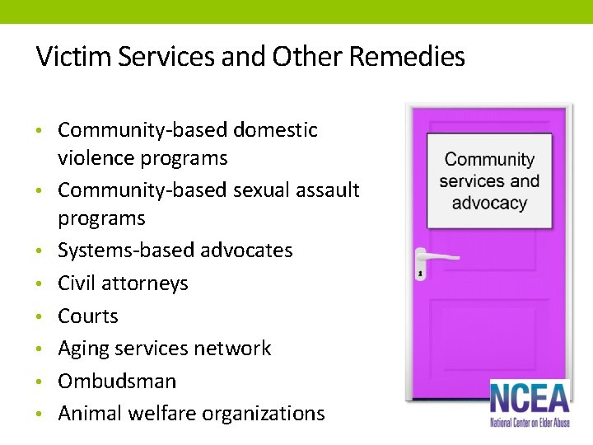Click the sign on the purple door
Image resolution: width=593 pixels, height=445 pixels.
(x=489, y=181)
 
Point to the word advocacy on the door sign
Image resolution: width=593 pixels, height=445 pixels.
(x=489, y=203)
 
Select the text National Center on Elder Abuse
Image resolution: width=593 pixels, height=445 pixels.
(x=529, y=422)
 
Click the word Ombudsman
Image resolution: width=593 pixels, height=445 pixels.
(x=117, y=381)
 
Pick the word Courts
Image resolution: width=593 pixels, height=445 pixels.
(x=88, y=316)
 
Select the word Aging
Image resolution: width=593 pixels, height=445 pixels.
(x=83, y=349)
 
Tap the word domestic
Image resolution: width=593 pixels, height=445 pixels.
(x=275, y=129)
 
